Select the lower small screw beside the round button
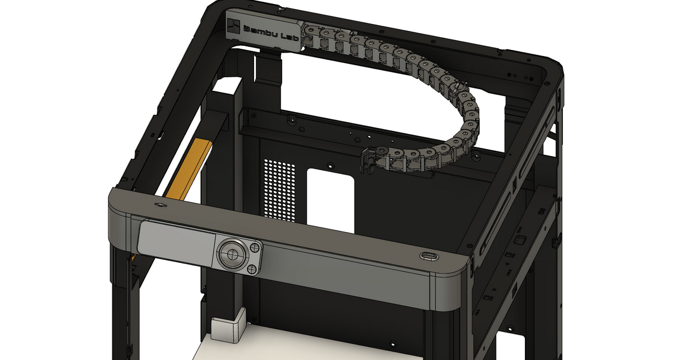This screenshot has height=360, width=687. (x=250, y=267)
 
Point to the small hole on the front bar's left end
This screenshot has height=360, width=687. (x=158, y=204)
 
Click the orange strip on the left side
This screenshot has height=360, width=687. (x=189, y=169)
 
